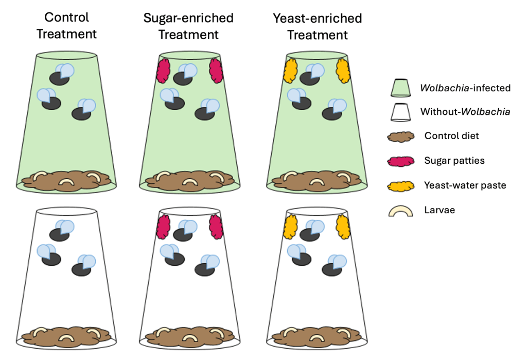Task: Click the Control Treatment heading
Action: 66,26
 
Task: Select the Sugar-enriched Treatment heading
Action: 188,26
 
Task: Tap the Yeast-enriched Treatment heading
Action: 318,26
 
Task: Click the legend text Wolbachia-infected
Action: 465,88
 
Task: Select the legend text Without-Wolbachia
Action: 465,112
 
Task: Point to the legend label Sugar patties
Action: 454,161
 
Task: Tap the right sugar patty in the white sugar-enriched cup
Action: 215,227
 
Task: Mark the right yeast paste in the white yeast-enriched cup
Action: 343,227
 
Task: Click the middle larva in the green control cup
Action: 66,181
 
